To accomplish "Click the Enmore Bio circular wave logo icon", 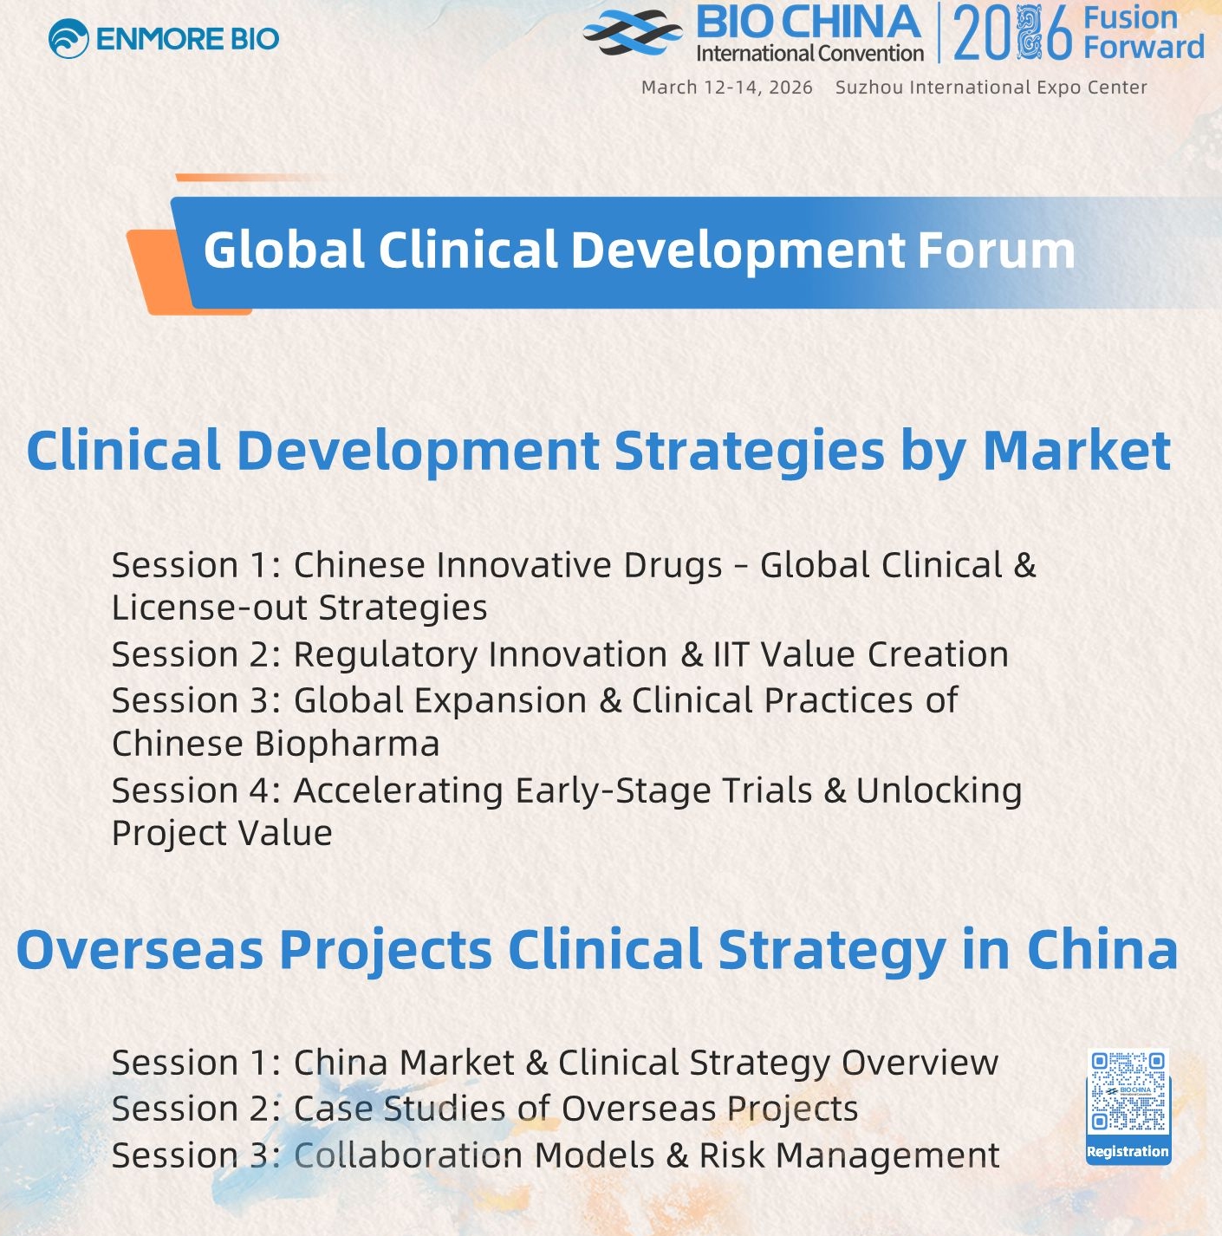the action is (x=68, y=38).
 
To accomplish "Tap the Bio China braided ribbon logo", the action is (x=633, y=32).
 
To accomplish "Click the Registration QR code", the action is (x=1128, y=1091).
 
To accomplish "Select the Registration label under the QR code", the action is (x=1128, y=1151).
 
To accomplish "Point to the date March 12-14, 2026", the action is (x=727, y=88).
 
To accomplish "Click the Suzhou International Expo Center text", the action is (x=991, y=88).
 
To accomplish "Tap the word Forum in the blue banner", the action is (x=996, y=250).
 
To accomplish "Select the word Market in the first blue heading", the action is (x=1077, y=450).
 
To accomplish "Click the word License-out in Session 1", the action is (x=208, y=608).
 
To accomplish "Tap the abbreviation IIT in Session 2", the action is (x=731, y=654).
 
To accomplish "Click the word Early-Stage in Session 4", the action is (x=613, y=790).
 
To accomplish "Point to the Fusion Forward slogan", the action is (x=1143, y=33).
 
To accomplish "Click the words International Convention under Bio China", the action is (x=809, y=53).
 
